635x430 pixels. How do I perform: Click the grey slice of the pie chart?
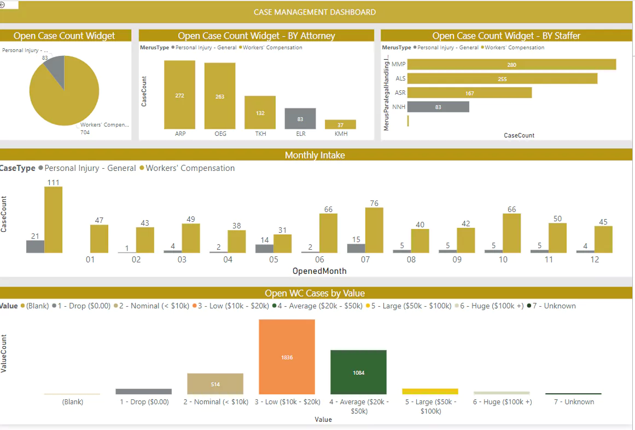(x=55, y=67)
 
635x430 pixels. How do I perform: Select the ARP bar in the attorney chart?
(x=179, y=94)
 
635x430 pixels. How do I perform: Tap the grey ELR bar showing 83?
(x=300, y=118)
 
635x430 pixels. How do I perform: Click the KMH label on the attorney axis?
(x=340, y=134)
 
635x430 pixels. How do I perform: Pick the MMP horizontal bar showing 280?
(x=511, y=65)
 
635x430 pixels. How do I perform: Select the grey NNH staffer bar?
(x=438, y=107)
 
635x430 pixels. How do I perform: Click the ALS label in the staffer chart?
(x=400, y=79)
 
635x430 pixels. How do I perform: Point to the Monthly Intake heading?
(x=314, y=155)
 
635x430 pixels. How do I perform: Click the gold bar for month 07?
(x=374, y=230)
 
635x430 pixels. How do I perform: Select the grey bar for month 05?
(x=265, y=248)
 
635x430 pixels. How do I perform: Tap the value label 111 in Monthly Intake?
(x=53, y=182)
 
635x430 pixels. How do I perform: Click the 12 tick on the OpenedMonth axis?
(x=595, y=260)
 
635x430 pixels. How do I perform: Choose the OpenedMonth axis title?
(x=319, y=271)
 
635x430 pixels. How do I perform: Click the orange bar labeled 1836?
(x=287, y=357)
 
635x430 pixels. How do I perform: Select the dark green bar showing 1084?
(x=358, y=372)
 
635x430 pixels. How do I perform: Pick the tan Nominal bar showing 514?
(x=215, y=383)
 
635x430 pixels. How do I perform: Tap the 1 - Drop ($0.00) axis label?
(x=144, y=402)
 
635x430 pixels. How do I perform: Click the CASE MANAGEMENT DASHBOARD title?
(x=314, y=12)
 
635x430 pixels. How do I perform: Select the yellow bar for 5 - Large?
(x=430, y=391)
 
